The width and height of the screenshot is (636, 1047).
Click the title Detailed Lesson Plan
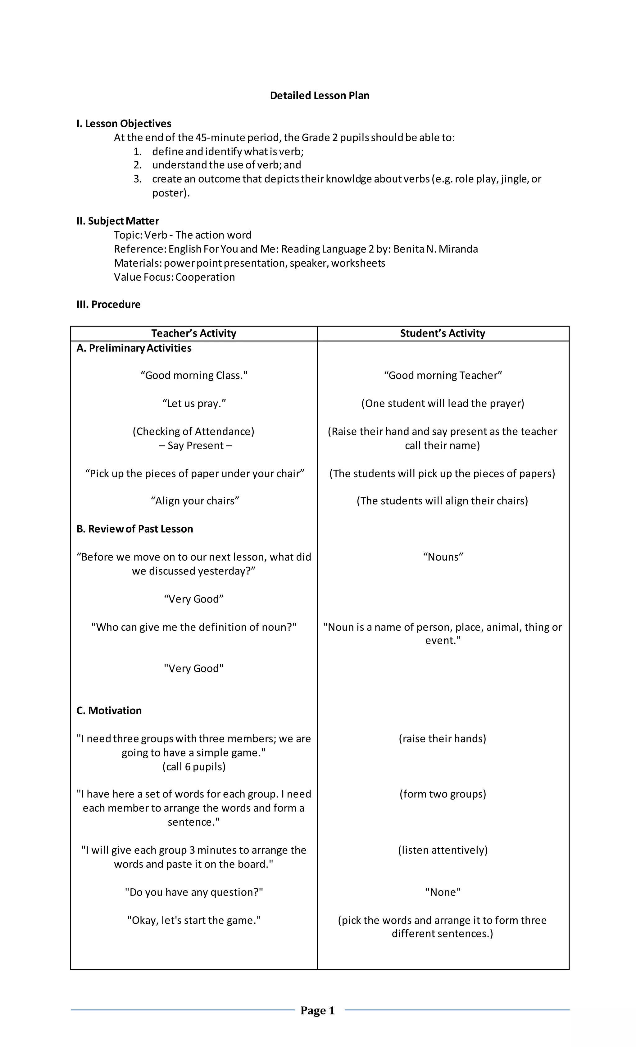click(319, 95)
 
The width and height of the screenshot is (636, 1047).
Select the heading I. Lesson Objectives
click(124, 124)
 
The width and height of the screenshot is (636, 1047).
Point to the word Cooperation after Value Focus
click(205, 277)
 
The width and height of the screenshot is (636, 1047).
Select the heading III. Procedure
click(108, 304)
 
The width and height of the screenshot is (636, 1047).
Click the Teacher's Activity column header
click(193, 333)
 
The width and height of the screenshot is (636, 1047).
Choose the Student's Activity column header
click(442, 333)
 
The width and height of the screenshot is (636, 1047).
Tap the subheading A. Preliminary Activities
click(134, 348)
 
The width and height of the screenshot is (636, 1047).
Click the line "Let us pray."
click(194, 403)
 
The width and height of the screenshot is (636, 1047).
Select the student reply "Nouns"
click(443, 557)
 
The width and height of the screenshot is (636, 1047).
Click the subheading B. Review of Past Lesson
click(135, 529)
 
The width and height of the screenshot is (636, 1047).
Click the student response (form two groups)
click(442, 794)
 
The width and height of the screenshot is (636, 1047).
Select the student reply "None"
click(443, 892)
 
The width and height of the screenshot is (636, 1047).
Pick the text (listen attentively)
click(442, 850)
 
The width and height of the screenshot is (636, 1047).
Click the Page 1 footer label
click(318, 1010)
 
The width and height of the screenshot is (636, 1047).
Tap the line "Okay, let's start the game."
click(194, 920)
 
